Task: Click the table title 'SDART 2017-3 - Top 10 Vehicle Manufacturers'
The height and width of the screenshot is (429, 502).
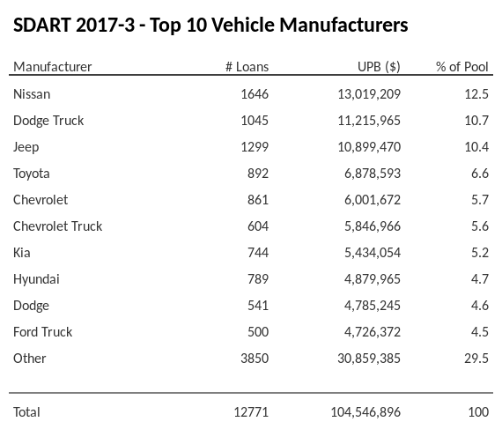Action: click(x=210, y=25)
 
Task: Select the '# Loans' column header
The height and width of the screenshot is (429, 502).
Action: click(x=247, y=67)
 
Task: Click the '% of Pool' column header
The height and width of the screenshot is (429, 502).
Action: click(x=462, y=67)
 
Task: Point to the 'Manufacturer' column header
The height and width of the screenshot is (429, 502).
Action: click(x=53, y=67)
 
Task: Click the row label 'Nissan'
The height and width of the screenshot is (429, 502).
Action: click(x=33, y=93)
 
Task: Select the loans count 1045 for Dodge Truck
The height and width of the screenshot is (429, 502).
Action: click(x=254, y=120)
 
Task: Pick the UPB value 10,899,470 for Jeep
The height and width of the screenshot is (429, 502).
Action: click(x=365, y=146)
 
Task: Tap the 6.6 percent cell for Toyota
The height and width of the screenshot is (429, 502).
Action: click(x=479, y=173)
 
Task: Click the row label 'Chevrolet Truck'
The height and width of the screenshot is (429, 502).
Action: click(x=58, y=226)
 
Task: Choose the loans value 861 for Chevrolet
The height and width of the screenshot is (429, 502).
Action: click(x=257, y=199)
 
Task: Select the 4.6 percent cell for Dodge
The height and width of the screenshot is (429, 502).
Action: click(x=479, y=305)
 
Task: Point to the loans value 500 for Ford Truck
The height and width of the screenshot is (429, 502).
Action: click(x=257, y=331)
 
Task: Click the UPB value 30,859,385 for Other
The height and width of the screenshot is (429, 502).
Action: click(x=365, y=358)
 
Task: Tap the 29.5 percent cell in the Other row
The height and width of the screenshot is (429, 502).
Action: click(x=476, y=358)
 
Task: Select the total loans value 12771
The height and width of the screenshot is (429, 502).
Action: click(x=250, y=411)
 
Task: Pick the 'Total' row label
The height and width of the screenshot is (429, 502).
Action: click(x=27, y=411)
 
